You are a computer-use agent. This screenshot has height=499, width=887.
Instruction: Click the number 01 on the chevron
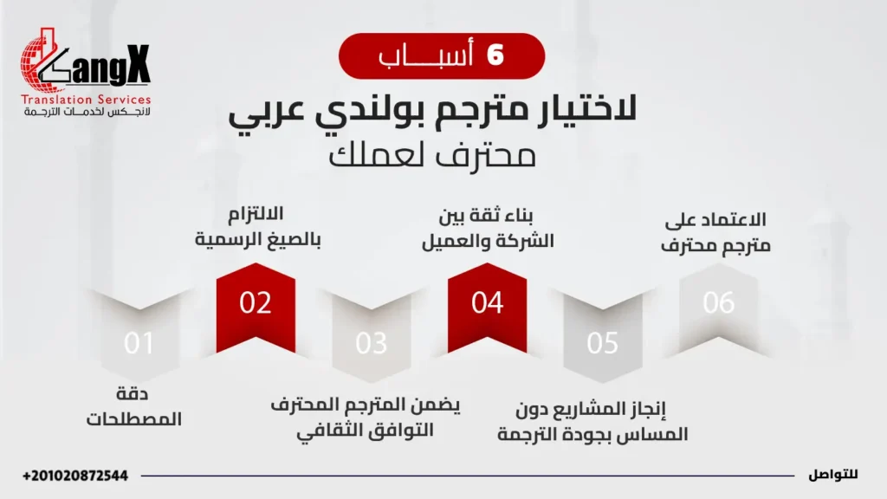click(x=139, y=344)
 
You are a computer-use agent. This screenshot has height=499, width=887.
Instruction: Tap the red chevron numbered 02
click(x=256, y=303)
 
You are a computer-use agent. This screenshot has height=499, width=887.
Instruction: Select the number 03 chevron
click(x=372, y=344)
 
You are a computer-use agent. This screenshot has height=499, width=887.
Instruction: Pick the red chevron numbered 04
click(x=487, y=302)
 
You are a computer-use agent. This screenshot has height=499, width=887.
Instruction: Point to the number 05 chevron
click(x=603, y=344)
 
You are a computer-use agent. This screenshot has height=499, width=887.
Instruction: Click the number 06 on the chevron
click(x=719, y=302)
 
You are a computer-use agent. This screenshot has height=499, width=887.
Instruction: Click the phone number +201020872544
click(x=75, y=476)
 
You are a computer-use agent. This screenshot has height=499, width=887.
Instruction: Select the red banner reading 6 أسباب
click(x=442, y=56)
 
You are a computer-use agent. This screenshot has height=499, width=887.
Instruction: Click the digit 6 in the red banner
click(x=495, y=56)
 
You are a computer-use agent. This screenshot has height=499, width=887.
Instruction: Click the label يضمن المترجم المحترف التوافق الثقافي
click(x=365, y=418)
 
